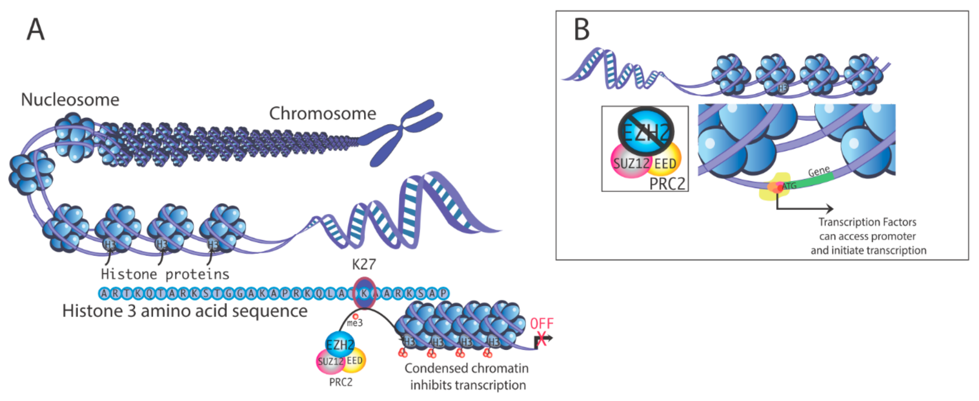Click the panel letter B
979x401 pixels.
(582, 30)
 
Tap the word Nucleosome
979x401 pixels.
(70, 100)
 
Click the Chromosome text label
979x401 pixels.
(322, 114)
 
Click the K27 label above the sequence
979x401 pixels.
(364, 264)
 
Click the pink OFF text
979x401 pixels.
(542, 324)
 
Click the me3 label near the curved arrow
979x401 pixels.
(355, 323)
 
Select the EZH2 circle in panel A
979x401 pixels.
(340, 345)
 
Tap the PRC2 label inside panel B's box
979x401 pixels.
(667, 184)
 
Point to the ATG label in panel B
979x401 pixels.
(789, 186)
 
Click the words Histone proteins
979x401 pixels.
(165, 274)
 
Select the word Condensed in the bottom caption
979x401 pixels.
(431, 368)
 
